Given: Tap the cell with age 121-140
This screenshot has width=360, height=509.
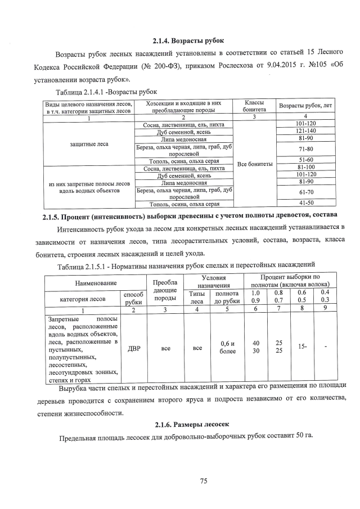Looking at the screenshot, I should click(x=305, y=130).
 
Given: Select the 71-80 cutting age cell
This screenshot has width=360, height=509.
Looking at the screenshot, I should click(x=305, y=149).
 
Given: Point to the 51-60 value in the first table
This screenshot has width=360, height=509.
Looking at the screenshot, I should click(x=305, y=160).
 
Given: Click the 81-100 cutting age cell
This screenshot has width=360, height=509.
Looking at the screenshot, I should click(x=305, y=168).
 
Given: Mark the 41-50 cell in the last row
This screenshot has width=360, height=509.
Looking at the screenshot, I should click(x=305, y=203).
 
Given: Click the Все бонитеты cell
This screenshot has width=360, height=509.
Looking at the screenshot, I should click(x=255, y=164).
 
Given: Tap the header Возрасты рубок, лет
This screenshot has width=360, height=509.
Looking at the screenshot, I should click(x=305, y=106).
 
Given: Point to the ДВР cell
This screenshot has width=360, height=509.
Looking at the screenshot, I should click(x=134, y=348).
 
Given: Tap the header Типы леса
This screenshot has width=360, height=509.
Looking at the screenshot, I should click(x=197, y=298).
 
